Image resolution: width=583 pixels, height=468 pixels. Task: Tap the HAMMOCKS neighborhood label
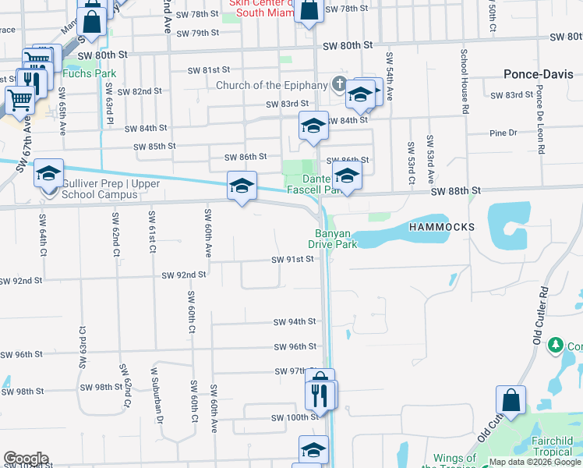pos(441,226)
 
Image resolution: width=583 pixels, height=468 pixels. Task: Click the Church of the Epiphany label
pos(271,85)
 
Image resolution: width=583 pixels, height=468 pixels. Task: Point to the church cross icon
pos(339,84)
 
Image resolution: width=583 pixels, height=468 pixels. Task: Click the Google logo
pos(26,459)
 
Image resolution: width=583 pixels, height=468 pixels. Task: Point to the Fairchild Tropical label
pos(553,446)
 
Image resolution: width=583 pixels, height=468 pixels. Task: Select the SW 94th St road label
pos(295,321)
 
